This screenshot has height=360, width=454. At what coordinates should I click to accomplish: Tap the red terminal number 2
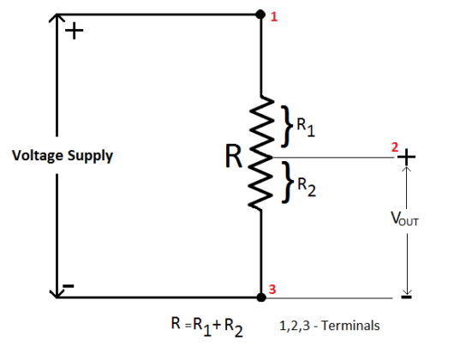tap(394, 148)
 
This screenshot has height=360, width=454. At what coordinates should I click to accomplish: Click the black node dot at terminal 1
tap(260, 15)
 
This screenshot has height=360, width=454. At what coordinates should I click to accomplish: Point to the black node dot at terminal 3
tap(260, 297)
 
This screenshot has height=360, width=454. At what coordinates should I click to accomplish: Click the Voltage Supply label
tap(62, 157)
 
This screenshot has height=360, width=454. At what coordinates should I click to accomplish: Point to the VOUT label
tap(404, 220)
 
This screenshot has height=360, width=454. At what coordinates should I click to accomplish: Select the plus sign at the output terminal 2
tap(405, 158)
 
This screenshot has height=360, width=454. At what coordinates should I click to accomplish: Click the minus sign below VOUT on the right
tap(405, 299)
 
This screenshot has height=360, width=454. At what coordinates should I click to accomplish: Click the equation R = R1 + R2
tap(206, 325)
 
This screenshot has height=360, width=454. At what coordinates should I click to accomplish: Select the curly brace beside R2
tap(286, 181)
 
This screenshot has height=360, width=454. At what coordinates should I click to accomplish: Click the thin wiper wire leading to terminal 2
tap(334, 158)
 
